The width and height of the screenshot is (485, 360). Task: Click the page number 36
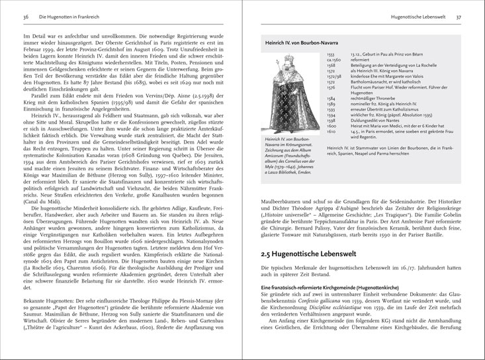26,14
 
